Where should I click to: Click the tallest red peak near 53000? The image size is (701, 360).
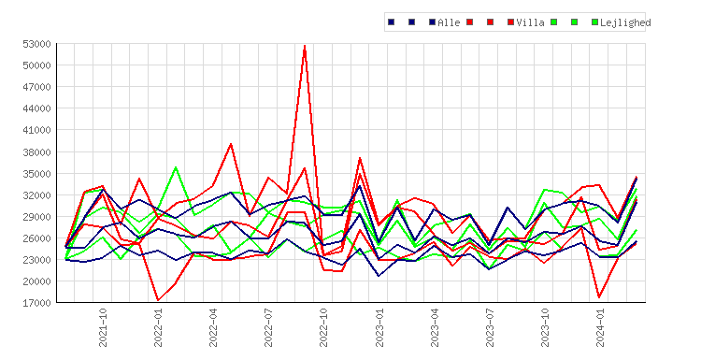click(x=305, y=46)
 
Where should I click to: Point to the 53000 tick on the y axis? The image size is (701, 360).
click(x=36, y=44)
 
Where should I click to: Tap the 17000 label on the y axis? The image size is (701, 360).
click(x=36, y=303)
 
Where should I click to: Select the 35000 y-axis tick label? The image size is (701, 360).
click(x=36, y=174)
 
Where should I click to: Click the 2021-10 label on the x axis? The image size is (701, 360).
click(x=103, y=327)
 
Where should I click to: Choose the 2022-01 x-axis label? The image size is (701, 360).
click(x=158, y=327)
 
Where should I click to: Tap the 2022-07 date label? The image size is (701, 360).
click(x=268, y=327)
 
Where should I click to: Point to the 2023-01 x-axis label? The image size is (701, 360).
click(x=379, y=327)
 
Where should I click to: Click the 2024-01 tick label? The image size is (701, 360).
click(x=600, y=327)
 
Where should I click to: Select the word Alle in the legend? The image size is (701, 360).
click(x=449, y=22)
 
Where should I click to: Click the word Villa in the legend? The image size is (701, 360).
click(x=530, y=22)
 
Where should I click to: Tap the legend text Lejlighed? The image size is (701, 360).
click(x=625, y=22)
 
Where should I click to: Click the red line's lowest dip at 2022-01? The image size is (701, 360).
click(x=158, y=300)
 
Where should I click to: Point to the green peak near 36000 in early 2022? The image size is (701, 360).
click(x=176, y=167)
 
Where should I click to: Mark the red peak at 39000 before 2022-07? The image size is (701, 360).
click(x=231, y=144)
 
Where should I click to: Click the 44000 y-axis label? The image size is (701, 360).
click(x=36, y=108)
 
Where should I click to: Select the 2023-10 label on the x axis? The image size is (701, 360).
click(x=545, y=327)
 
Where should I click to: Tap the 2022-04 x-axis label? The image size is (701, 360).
click(x=213, y=327)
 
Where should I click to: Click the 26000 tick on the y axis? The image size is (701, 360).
click(x=36, y=238)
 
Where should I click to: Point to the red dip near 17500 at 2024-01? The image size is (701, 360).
click(x=599, y=297)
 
